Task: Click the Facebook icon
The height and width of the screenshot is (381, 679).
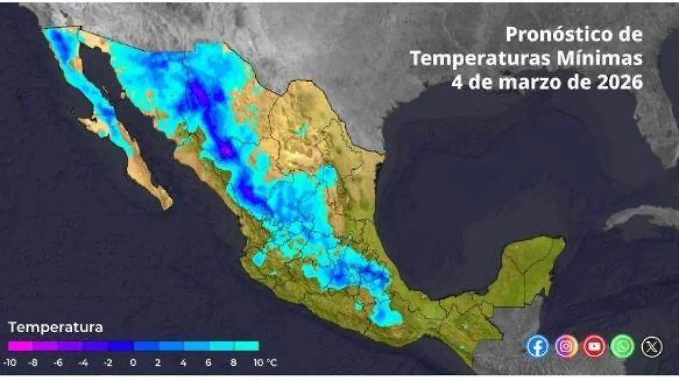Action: (x=538, y=346)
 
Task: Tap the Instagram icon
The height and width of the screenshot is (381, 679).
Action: (x=566, y=346)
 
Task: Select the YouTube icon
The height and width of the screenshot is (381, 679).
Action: (x=594, y=346)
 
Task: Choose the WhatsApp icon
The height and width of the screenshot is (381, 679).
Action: (x=622, y=346)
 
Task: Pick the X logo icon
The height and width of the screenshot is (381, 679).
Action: (x=651, y=346)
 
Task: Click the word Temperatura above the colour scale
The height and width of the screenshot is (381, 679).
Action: (x=55, y=327)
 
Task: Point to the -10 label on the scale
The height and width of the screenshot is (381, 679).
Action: (x=9, y=363)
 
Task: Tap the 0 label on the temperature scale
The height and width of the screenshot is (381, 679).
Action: (x=133, y=363)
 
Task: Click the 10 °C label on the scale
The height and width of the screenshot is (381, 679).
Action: (x=264, y=363)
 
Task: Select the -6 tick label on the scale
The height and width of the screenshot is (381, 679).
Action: (x=58, y=363)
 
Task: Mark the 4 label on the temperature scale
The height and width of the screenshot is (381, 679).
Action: (x=183, y=363)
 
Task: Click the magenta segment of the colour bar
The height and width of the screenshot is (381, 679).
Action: (x=20, y=346)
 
